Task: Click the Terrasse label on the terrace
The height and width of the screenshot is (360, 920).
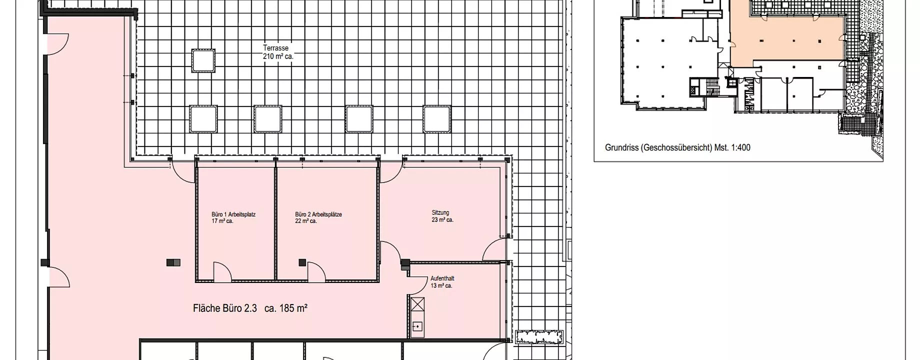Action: click(x=276, y=48)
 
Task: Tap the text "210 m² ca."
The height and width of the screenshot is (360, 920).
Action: click(x=278, y=56)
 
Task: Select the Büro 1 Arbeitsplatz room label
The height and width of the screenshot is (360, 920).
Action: click(x=233, y=214)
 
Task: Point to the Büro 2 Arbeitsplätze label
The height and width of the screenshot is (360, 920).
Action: click(x=318, y=214)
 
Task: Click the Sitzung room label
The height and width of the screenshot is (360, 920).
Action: click(x=440, y=212)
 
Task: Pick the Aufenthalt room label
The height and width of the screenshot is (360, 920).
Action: click(x=442, y=278)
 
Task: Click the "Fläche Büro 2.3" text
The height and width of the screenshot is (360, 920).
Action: click(x=225, y=308)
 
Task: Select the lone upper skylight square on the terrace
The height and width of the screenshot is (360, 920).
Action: click(x=203, y=60)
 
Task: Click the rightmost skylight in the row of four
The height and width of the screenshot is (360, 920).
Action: click(x=437, y=118)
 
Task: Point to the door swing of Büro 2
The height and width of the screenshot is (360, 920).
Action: click(x=316, y=271)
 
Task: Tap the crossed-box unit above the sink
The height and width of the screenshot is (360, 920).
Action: click(x=417, y=304)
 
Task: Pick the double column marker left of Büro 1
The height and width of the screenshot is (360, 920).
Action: click(x=173, y=262)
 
